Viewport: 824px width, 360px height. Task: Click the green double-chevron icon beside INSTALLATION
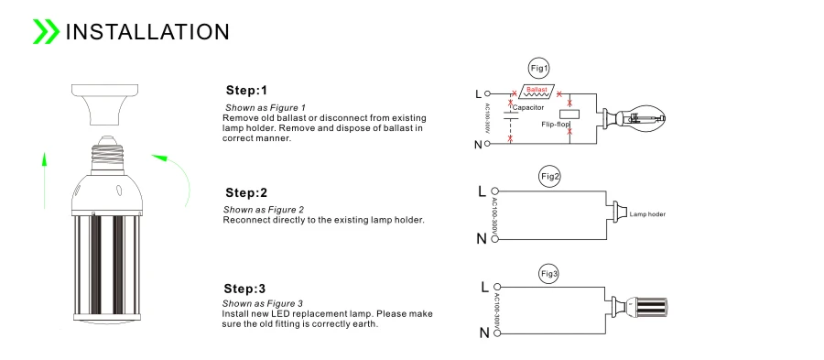pos(46,31)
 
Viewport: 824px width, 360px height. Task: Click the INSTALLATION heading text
pos(147,32)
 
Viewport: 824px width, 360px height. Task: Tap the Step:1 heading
pos(246,91)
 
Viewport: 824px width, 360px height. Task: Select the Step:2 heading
pos(246,193)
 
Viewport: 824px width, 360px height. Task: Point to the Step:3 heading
pos(244,289)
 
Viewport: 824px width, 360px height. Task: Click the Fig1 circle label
pos(539,69)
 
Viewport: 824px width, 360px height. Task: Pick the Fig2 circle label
pos(550,177)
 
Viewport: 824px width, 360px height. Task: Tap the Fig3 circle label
pos(549,274)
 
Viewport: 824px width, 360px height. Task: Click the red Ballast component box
pos(537,91)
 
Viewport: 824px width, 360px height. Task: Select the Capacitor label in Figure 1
pos(528,108)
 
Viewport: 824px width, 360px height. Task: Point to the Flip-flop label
pos(556,125)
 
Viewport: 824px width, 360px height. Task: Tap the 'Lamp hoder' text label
pos(647,214)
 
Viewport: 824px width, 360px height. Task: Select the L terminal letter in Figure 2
pos(482,191)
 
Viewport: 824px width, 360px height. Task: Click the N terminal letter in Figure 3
pos(484,333)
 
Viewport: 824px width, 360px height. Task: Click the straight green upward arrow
pos(45,180)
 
